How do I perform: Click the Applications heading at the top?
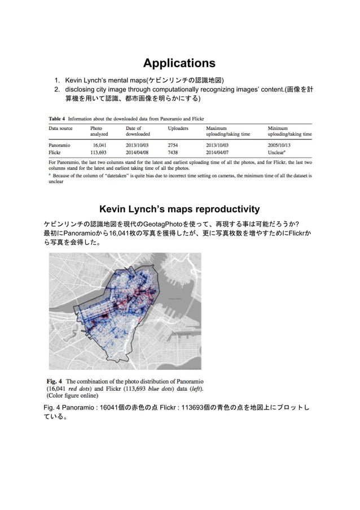pyautogui.click(x=179, y=62)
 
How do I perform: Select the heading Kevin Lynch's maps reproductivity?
pyautogui.click(x=179, y=210)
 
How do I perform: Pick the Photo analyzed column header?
pyautogui.click(x=100, y=132)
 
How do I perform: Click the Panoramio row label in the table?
pyautogui.click(x=59, y=145)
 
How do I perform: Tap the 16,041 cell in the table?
pyautogui.click(x=100, y=145)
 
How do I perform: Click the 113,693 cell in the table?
pyautogui.click(x=99, y=152)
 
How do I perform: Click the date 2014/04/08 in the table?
pyautogui.click(x=138, y=152)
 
